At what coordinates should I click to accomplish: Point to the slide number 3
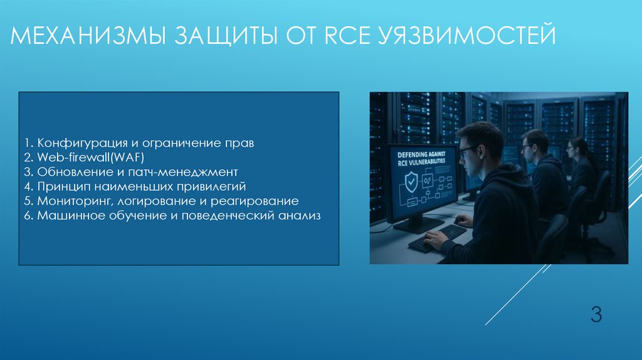coord(596,314)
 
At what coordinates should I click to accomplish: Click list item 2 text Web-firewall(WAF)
coord(91,157)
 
